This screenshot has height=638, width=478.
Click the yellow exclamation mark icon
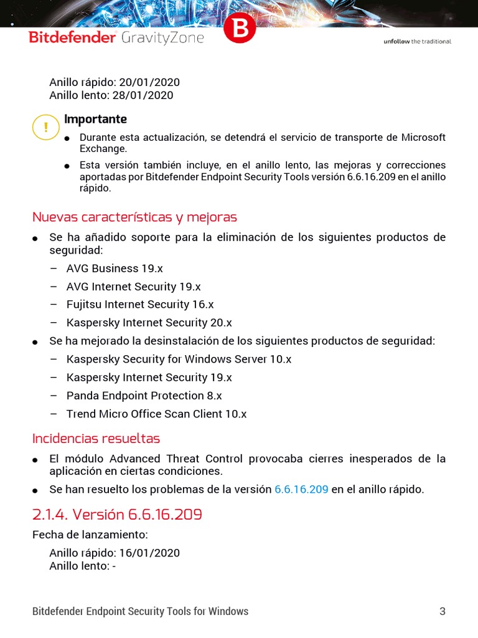point(45,128)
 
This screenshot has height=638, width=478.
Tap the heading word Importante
point(95,119)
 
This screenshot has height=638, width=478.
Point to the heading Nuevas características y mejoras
point(134,217)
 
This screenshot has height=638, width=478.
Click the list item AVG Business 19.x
point(115,269)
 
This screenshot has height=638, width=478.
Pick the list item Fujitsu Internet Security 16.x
point(140,305)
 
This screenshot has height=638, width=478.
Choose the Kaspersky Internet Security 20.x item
point(149,323)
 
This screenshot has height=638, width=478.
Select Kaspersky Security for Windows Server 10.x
point(179,359)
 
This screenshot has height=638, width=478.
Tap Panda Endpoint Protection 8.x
point(144,396)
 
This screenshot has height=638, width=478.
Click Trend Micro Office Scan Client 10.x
point(156,414)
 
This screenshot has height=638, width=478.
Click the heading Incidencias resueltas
point(96,438)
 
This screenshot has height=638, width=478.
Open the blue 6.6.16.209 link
point(301,490)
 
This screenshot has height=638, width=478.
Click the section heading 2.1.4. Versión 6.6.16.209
point(117,515)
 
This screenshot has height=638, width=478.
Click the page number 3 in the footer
point(443,611)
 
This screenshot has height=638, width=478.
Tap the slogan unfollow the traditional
point(416,42)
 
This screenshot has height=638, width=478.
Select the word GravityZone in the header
point(163,37)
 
